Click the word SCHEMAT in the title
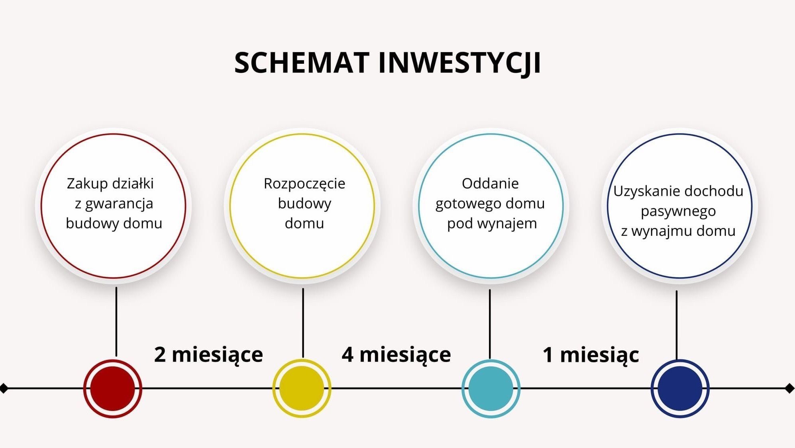(302, 63)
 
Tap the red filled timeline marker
(113, 388)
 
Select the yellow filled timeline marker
(302, 388)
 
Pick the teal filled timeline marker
(491, 388)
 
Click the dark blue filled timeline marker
(680, 388)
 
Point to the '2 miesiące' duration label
(208, 355)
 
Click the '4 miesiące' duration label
(396, 355)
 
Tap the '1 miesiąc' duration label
(591, 355)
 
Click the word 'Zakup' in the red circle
(87, 184)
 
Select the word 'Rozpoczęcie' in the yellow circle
(304, 184)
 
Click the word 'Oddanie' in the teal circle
(490, 183)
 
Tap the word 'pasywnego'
(678, 211)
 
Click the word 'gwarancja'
(119, 204)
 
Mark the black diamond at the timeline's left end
(4, 388)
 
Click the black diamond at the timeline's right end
(789, 388)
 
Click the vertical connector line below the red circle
(116, 322)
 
